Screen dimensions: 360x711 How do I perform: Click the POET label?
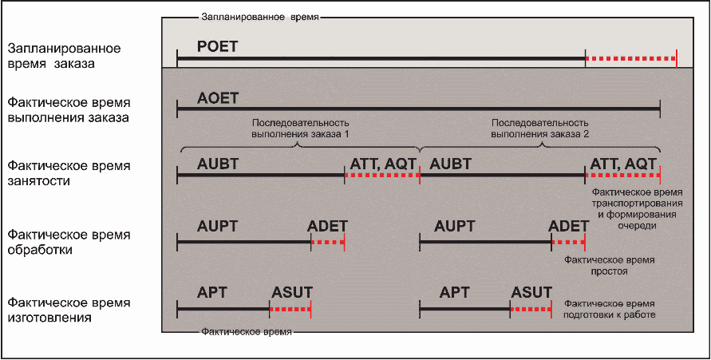tap(218, 46)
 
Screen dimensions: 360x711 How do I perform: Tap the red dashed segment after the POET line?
tap(630, 59)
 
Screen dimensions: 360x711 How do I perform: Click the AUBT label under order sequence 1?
tap(219, 164)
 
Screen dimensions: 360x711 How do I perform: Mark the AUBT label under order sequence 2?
tap(450, 164)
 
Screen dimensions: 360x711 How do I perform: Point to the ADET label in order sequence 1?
tap(327, 227)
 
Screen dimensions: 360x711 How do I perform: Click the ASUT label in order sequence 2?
tap(531, 292)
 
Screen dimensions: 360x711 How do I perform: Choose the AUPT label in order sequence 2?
tap(456, 227)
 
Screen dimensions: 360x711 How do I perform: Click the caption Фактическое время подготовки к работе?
tap(610, 310)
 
